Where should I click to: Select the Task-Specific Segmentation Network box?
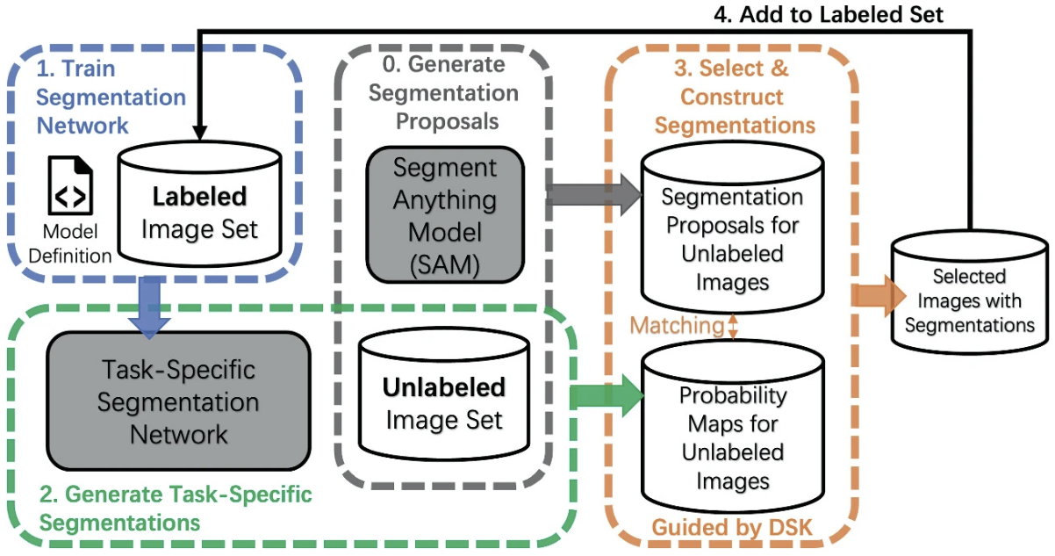[178, 401]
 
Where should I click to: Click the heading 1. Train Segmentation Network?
[111, 97]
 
